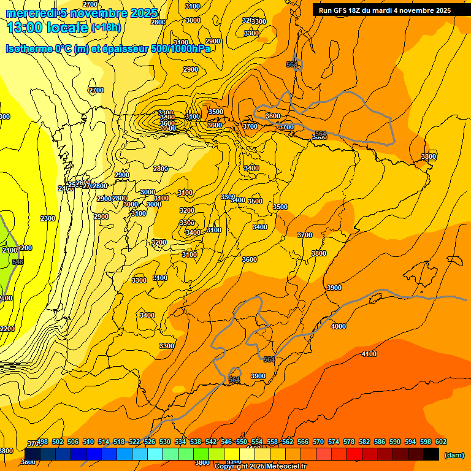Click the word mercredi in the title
tap(28, 13)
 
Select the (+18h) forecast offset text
tap(106, 28)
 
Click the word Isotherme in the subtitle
tap(28, 48)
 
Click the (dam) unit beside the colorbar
tap(454, 454)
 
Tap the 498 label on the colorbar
tap(42, 442)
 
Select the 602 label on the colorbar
tap(441, 442)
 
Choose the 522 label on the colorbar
tap(134, 442)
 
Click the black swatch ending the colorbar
tap(431, 454)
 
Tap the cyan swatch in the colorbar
tap(155, 454)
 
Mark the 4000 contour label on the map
tap(338, 326)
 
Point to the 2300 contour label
tap(47, 218)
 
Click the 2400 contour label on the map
tap(64, 188)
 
